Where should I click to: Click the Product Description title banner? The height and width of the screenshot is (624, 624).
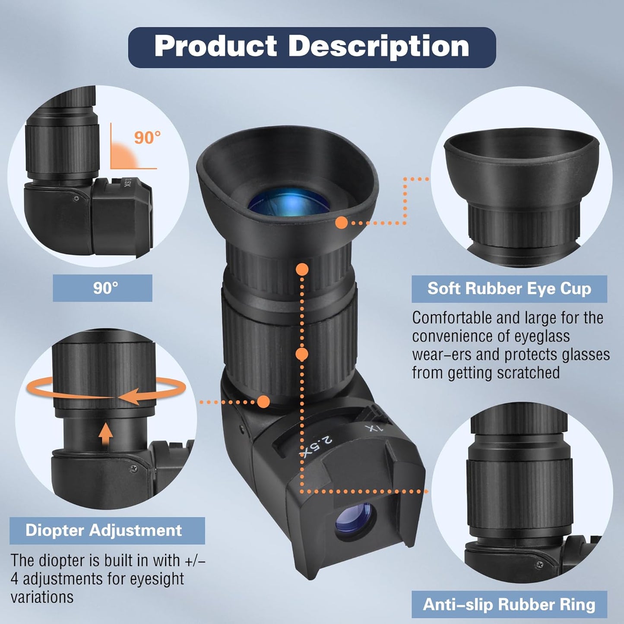pos(312,47)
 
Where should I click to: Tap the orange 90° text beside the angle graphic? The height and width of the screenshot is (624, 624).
pos(147,137)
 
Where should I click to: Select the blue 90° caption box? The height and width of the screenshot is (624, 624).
pos(102,288)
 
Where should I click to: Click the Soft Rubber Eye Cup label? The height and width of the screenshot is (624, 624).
pos(509,289)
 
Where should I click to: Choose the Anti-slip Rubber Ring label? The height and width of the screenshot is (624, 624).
pos(509,604)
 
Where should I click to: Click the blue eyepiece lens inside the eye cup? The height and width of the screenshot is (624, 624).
pos(289,202)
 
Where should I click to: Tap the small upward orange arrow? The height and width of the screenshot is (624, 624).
pos(105,434)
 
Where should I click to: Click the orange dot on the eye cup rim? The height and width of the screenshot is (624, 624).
pos(342,223)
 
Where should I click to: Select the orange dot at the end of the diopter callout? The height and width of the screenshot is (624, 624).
pos(264,402)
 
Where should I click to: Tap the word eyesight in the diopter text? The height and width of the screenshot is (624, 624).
pos(157,579)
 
